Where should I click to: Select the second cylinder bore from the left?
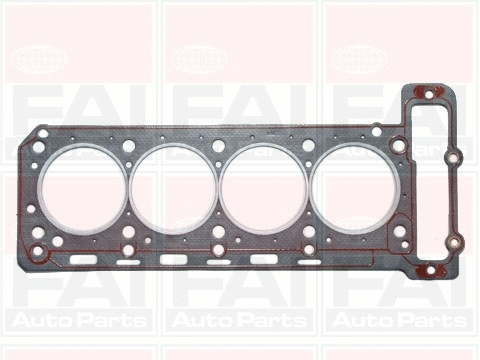tap(173, 189)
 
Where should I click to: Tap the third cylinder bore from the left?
tap(263, 189)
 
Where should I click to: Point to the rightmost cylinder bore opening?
tap(353, 189)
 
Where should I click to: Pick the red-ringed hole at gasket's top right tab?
tap(428, 95)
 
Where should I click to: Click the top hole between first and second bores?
tap(128, 146)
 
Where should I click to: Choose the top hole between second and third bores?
tap(218, 146)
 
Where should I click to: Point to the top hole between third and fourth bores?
tap(308, 146)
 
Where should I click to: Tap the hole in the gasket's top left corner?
tap(39, 147)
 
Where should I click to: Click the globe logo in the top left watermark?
tap(40, 59)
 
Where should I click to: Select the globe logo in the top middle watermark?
tap(200, 59)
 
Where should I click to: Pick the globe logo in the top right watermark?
tap(360, 59)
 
